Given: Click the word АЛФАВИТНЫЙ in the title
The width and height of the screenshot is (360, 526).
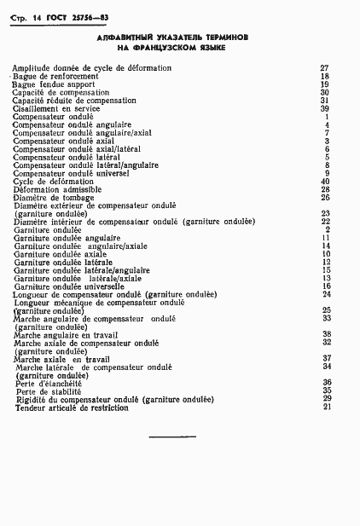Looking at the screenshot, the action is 127,38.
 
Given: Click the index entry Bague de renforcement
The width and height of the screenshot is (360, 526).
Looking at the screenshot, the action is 56,76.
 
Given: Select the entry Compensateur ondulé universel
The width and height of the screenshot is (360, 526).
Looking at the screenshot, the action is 71,173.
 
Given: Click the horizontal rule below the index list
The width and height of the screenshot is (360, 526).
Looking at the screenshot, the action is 171,437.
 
